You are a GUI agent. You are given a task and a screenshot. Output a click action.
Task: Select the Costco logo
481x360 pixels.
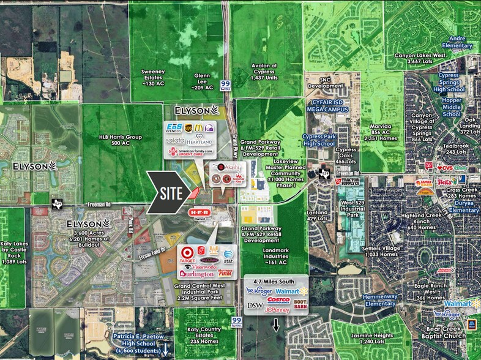[278, 301]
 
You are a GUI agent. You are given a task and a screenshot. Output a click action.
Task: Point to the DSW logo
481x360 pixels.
[255, 304]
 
